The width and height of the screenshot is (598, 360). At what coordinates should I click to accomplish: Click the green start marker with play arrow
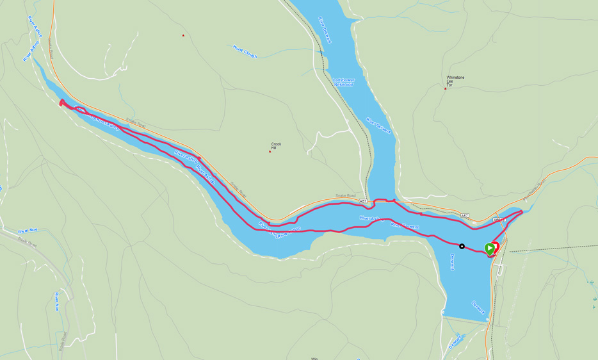490,249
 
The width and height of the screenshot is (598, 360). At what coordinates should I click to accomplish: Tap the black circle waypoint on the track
462,247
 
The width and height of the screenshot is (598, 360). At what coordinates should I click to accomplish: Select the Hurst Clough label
245,51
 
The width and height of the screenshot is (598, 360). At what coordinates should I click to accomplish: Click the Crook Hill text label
276,146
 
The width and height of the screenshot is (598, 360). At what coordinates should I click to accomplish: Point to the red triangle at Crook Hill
270,151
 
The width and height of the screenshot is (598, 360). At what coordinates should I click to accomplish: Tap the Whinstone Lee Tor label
455,81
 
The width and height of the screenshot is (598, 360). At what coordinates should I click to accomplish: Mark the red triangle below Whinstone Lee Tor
445,88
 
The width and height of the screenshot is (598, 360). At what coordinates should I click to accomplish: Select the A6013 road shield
499,220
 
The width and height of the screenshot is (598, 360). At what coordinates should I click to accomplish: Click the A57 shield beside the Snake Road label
364,201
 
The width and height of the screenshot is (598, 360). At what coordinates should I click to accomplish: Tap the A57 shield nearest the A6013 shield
464,216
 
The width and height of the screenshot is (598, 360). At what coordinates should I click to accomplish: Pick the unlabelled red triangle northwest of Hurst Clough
182,35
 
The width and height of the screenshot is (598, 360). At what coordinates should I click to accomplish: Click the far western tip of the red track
61,102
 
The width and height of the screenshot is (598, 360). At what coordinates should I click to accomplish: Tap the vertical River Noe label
56,301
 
